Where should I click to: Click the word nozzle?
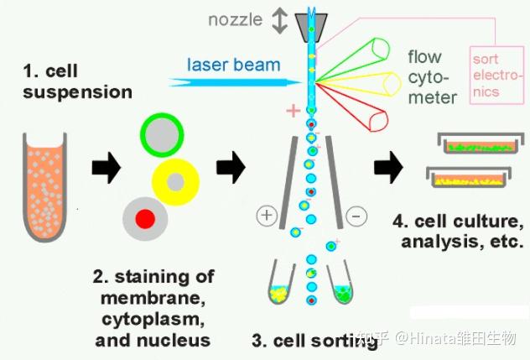coord(236,19)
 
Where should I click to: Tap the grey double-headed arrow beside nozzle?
coord(280,21)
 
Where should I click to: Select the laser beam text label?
coord(234,65)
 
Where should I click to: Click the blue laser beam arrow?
coord(235,82)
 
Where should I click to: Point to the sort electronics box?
coord(496,76)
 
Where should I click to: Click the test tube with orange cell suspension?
coord(44,187)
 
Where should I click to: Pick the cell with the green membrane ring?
coord(162,135)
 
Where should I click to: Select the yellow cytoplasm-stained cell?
coord(175,182)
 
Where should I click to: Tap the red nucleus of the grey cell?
coord(145,219)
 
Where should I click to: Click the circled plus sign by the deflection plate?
coord(267,215)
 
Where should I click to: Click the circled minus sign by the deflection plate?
coord(356,216)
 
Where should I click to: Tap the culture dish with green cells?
coord(481,143)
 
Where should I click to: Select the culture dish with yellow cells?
coord(469,177)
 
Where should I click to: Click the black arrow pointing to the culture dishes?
coord(388,167)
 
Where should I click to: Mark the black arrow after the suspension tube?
coord(107,167)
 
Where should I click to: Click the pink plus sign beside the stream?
coord(293,110)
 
